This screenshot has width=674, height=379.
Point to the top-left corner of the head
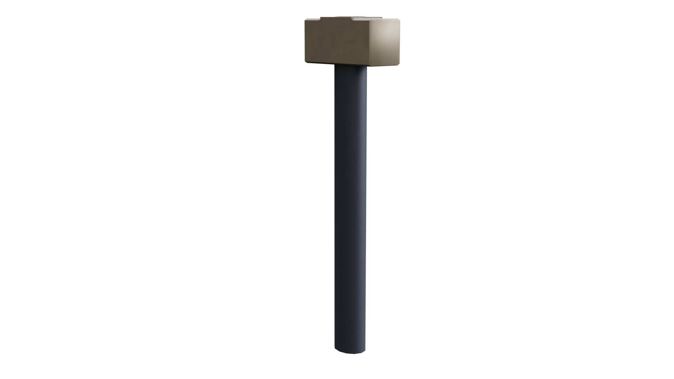click(x=305, y=20)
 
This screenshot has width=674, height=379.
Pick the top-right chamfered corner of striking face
click(x=399, y=20)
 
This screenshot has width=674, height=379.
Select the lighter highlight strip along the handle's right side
click(x=363, y=211)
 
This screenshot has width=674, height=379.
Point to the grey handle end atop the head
click(x=351, y=16)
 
